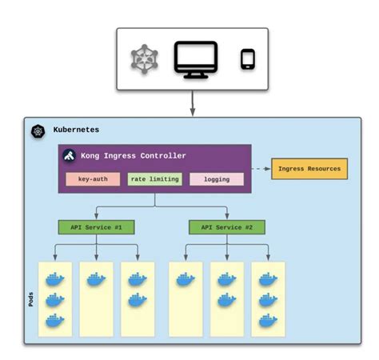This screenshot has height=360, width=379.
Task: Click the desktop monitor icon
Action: pyautogui.click(x=195, y=60)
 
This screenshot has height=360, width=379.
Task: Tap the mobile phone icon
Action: pyautogui.click(x=248, y=59)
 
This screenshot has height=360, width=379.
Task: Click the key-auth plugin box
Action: pyautogui.click(x=93, y=179)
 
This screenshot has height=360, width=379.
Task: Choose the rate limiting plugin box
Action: pyautogui.click(x=154, y=179)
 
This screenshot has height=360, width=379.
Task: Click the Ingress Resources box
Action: pyautogui.click(x=309, y=168)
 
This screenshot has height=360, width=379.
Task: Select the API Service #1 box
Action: pyautogui.click(x=96, y=227)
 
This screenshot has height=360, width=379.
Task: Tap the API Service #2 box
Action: pyautogui.click(x=227, y=227)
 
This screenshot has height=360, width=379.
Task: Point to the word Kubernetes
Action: pyautogui.click(x=77, y=130)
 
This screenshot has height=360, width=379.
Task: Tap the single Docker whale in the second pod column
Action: pyautogui.click(x=96, y=280)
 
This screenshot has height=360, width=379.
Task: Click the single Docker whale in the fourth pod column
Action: pyautogui.click(x=186, y=280)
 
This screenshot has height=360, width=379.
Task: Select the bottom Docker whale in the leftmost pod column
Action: pyautogui.click(x=54, y=320)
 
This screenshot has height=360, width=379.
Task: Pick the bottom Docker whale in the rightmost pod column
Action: pyautogui.click(x=268, y=320)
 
